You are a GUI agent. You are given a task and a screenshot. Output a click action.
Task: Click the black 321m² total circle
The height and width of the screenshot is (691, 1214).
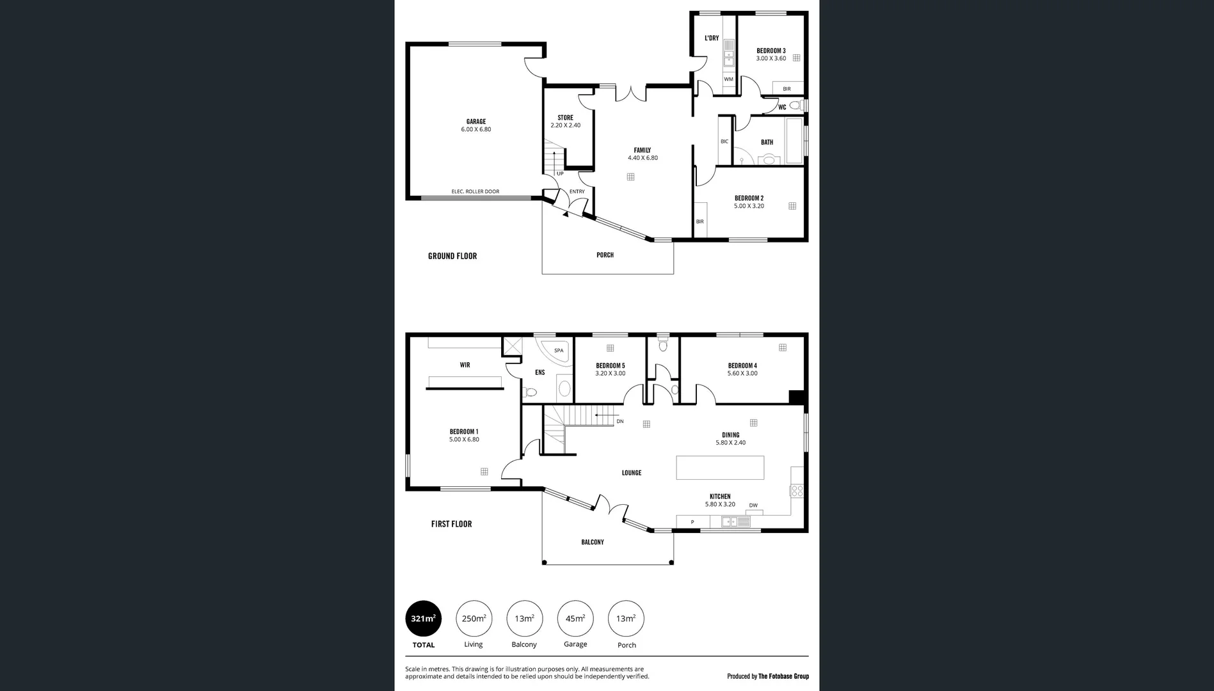point(423,619)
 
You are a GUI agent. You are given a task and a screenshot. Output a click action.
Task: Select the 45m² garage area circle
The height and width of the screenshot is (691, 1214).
point(575,619)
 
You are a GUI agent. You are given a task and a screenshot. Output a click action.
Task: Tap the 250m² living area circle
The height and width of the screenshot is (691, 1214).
point(474,619)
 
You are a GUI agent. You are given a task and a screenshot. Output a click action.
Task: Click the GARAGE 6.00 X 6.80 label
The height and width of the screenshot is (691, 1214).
point(475,125)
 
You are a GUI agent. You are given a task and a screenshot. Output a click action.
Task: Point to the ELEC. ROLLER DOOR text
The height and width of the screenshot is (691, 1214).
point(475,191)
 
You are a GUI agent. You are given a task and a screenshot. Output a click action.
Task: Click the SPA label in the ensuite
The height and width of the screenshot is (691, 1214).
point(559,351)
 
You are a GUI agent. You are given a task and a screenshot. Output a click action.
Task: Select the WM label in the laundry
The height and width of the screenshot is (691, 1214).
point(728,79)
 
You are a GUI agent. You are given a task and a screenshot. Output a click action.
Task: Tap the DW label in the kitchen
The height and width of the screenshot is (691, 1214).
point(753,505)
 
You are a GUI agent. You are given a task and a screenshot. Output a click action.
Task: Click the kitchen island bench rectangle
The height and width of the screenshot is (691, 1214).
point(720,467)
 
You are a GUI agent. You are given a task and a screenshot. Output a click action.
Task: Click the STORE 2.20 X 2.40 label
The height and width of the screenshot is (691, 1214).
point(565,122)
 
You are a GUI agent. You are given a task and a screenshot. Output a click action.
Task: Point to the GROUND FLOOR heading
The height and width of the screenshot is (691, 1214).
point(452,256)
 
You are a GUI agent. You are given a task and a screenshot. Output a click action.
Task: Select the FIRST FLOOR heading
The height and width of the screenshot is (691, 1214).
point(451,524)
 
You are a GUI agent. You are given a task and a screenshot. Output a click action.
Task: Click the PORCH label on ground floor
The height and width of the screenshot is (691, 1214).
point(605,255)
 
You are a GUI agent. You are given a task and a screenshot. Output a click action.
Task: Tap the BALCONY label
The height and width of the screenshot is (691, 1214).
point(592,542)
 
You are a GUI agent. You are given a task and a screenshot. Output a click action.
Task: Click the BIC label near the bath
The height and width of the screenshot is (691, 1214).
point(724,141)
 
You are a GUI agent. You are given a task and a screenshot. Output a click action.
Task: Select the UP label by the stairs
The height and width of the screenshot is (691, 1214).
point(560,173)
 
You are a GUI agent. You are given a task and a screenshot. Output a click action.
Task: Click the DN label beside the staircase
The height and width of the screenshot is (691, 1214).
point(619,422)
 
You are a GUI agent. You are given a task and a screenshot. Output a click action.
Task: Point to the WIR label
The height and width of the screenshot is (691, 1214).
point(465,365)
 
